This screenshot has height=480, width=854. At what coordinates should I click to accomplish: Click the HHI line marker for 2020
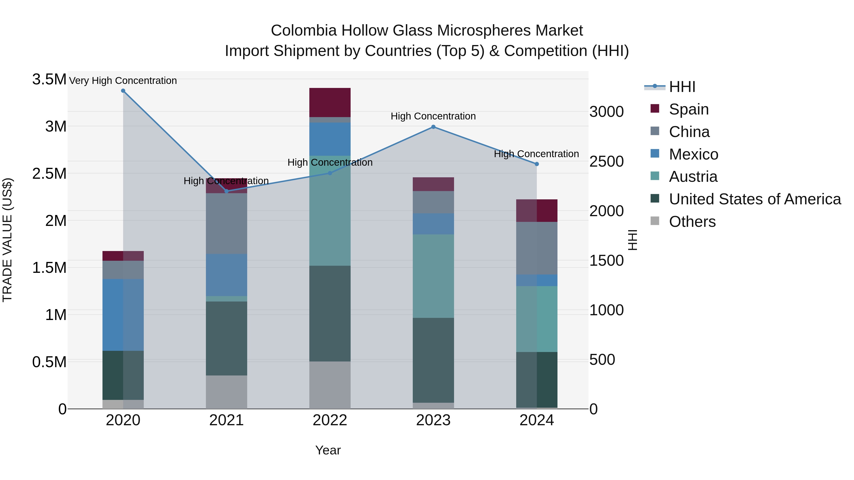[x=123, y=91]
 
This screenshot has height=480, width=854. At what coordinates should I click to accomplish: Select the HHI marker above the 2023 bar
[x=433, y=127]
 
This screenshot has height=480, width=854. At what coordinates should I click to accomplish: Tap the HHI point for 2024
[x=537, y=164]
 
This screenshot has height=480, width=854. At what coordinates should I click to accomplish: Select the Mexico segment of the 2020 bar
[x=123, y=315]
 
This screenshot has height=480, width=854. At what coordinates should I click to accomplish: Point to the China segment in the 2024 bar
[x=537, y=248]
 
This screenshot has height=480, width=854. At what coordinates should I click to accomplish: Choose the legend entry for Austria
[x=693, y=177]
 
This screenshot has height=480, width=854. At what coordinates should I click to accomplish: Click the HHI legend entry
[x=682, y=87]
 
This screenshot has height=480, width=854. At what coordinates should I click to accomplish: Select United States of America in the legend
[x=755, y=199]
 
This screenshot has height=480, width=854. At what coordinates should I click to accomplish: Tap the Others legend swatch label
[x=692, y=222]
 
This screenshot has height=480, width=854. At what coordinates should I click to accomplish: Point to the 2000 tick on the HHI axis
[x=606, y=211]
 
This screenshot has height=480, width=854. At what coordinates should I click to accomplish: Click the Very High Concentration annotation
[x=123, y=81]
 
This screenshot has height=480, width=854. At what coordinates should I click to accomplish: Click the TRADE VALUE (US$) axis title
[x=7, y=240]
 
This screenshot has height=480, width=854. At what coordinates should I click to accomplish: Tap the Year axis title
[x=328, y=450]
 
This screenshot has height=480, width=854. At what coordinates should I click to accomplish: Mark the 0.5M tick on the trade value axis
[x=49, y=362]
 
